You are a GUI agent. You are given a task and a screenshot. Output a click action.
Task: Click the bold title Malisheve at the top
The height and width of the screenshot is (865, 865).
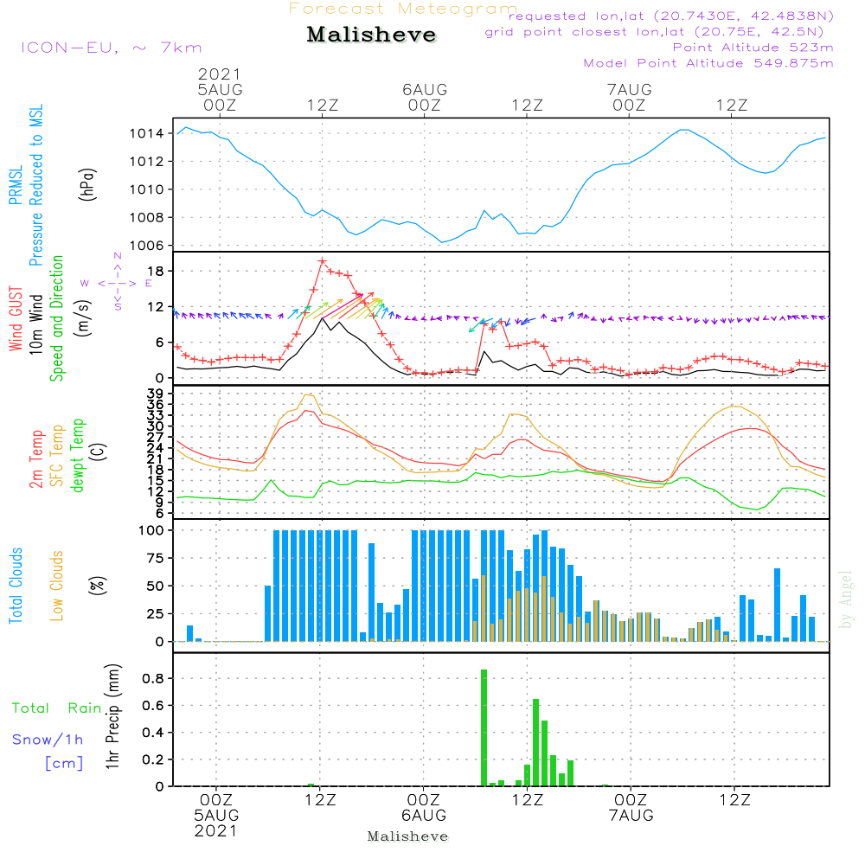click(x=371, y=35)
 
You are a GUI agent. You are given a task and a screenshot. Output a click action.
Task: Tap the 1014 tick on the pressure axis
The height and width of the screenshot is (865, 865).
click(x=147, y=133)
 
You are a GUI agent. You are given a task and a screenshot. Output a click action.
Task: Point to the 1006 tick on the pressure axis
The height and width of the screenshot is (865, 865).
click(x=147, y=246)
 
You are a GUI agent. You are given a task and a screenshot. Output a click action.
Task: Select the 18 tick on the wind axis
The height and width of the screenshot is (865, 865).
click(x=157, y=272)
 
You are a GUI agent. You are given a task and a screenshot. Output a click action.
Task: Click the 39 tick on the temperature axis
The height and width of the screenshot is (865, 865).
click(x=157, y=394)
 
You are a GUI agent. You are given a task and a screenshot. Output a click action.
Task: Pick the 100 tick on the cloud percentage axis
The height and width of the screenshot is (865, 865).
click(x=151, y=530)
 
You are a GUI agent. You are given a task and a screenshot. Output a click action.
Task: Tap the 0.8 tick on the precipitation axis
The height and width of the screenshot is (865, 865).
click(x=154, y=679)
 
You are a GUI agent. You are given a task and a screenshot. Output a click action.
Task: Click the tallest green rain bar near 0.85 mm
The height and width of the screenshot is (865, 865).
click(x=484, y=727)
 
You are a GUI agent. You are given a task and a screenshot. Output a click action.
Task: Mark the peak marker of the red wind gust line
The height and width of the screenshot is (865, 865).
click(x=322, y=260)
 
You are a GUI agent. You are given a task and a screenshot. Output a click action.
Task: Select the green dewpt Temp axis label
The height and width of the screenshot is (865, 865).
click(x=77, y=455)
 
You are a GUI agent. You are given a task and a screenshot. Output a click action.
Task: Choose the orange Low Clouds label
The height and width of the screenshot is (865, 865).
click(x=57, y=584)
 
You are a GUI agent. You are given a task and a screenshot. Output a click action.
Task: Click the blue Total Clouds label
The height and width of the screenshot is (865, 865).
click(x=16, y=585)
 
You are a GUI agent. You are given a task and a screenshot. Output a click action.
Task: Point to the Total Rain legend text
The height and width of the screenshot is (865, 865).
click(x=56, y=708)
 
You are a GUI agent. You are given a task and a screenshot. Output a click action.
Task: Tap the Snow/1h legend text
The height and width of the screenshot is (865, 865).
click(x=48, y=740)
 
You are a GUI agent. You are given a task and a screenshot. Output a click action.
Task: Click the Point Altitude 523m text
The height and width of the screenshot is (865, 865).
click(x=753, y=47)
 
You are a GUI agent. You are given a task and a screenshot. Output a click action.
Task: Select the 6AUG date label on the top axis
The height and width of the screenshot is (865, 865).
click(x=425, y=90)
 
